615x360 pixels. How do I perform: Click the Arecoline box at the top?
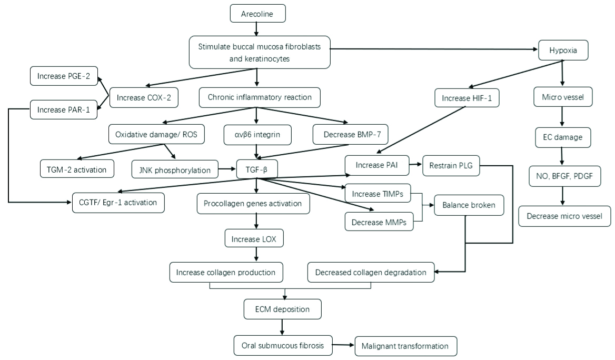click(257, 13)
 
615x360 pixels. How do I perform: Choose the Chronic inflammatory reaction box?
click(259, 97)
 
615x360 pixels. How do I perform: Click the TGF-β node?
click(256, 169)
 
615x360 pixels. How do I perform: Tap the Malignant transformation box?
click(405, 346)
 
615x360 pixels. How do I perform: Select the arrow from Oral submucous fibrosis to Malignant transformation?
click(343, 345)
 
